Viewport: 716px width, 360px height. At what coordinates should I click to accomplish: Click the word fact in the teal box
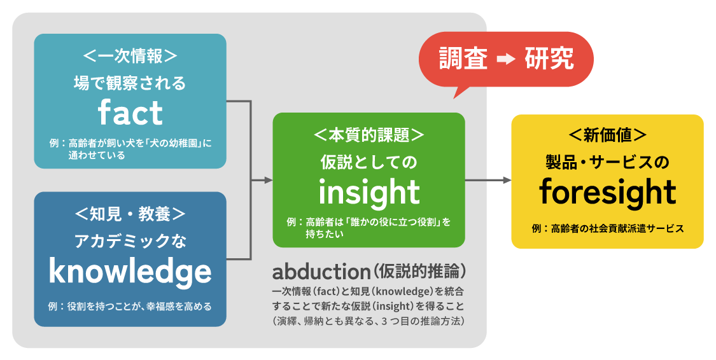point(130,113)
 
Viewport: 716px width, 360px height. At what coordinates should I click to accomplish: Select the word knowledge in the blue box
point(130,272)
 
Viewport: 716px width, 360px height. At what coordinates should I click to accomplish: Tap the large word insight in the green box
point(369,191)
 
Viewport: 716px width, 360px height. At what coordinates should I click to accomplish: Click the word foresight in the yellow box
point(607,191)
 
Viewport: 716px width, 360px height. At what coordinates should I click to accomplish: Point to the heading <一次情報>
point(130,56)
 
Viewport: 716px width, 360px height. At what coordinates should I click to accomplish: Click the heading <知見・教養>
point(130,214)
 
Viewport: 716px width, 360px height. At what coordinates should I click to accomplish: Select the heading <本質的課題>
point(369,135)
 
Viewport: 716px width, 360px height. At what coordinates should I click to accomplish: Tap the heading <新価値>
point(607,135)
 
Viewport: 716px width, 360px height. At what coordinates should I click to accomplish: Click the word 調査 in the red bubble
point(463,59)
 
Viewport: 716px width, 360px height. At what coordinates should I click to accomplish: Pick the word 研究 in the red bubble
point(549,59)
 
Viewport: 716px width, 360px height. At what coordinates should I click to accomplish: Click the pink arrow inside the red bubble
point(506,59)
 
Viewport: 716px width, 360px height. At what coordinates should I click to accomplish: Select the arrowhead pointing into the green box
point(269,181)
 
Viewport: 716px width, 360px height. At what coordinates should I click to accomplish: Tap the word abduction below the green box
point(321,272)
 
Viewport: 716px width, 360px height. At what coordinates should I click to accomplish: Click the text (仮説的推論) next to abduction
point(420,272)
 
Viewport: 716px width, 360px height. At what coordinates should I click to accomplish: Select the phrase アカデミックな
point(130,242)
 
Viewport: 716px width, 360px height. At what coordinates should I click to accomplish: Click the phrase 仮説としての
point(369,163)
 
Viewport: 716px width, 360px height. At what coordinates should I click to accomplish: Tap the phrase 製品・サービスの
point(607,163)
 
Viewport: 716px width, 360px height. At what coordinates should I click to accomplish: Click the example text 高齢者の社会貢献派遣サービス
point(617,228)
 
